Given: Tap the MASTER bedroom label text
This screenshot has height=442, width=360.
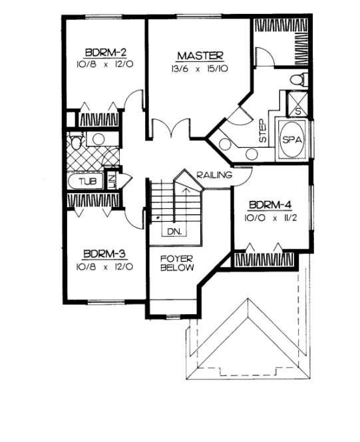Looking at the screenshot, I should point(200,55).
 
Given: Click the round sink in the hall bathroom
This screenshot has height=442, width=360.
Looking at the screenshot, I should point(98,139).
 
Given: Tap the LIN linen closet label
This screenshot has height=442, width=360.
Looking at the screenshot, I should point(112,180).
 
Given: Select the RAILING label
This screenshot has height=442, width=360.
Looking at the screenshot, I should point(214,176).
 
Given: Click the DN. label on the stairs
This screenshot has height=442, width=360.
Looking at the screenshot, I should point(174,232).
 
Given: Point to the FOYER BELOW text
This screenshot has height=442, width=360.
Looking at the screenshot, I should point(176,262).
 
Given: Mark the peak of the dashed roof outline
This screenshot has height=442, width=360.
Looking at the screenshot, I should point(246,301).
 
